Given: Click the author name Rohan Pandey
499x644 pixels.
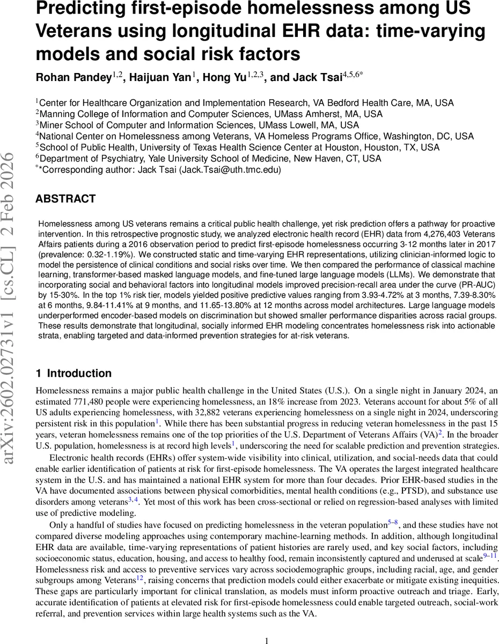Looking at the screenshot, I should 73,78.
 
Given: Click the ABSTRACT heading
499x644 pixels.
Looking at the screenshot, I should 65,199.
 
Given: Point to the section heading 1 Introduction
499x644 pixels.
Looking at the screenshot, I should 74,374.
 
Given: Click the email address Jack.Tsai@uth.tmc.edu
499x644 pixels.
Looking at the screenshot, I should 230,169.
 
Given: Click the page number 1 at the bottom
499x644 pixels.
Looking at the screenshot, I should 267,641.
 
